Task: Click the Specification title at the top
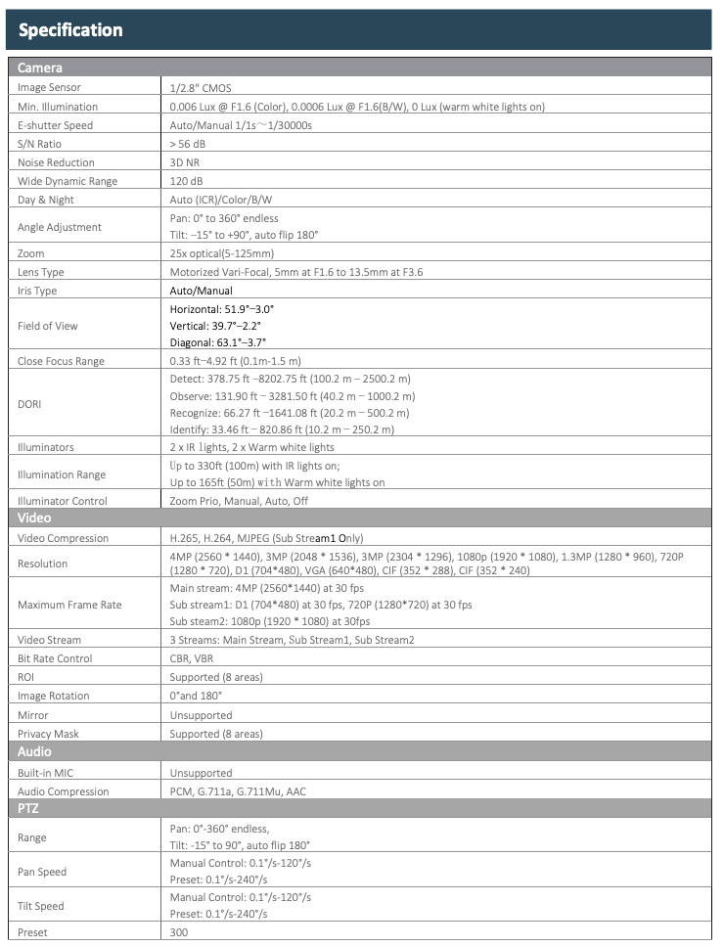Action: pyautogui.click(x=70, y=30)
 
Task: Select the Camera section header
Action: pyautogui.click(x=40, y=68)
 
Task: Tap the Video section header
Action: pyautogui.click(x=34, y=518)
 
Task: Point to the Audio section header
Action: pyautogui.click(x=34, y=751)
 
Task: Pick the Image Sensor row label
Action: pyautogui.click(x=50, y=87)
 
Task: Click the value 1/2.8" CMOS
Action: pyautogui.click(x=201, y=87)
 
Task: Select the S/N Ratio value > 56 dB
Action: pyautogui.click(x=188, y=144)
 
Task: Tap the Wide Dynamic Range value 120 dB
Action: pyautogui.click(x=187, y=181)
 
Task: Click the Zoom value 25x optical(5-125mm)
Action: pyautogui.click(x=223, y=252)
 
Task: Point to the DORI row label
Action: pyautogui.click(x=30, y=403)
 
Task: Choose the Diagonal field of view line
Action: pyautogui.click(x=218, y=343)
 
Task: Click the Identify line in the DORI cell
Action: pyautogui.click(x=282, y=428)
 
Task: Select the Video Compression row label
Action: pyautogui.click(x=64, y=538)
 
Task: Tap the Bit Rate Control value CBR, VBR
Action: pyautogui.click(x=193, y=658)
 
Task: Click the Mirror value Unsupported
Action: pyautogui.click(x=201, y=714)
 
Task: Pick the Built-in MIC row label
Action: pyautogui.click(x=45, y=772)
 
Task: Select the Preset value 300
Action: pyautogui.click(x=179, y=932)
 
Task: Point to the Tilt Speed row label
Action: pyautogui.click(x=42, y=905)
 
